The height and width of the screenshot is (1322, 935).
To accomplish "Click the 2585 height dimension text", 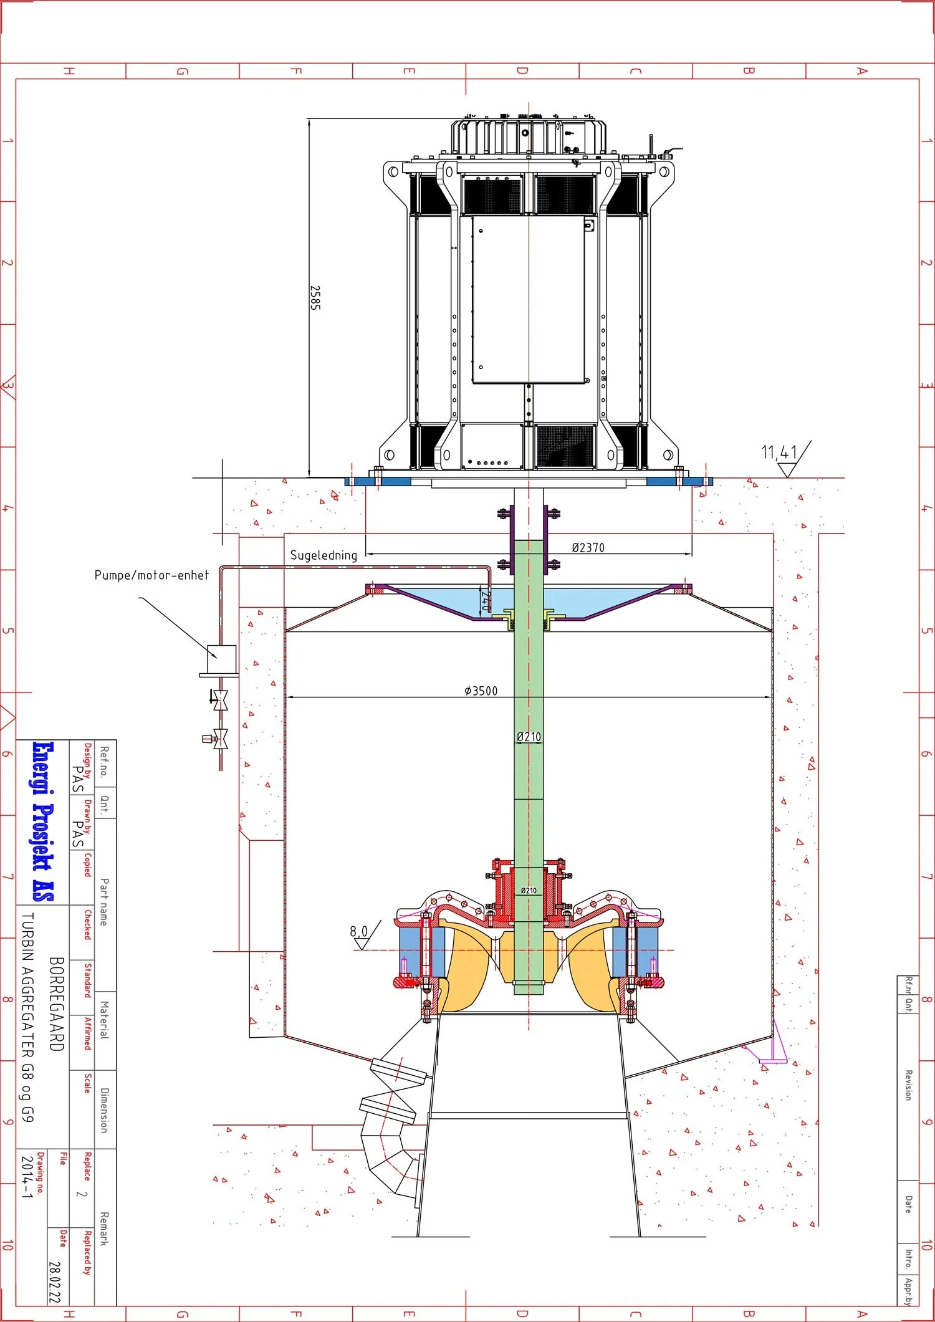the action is click(x=315, y=298).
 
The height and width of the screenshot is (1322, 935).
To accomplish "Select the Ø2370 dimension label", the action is click(x=588, y=547).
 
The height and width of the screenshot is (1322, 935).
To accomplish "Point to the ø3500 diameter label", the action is click(x=481, y=691).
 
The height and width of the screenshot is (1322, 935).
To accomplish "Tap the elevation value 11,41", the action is click(x=779, y=452).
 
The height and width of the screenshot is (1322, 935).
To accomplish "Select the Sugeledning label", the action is click(x=324, y=555).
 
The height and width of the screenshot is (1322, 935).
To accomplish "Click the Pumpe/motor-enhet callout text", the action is click(x=151, y=575).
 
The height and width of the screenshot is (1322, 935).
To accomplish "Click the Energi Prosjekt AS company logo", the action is click(x=43, y=821).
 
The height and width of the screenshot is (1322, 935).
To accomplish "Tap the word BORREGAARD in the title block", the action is click(x=56, y=1004).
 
